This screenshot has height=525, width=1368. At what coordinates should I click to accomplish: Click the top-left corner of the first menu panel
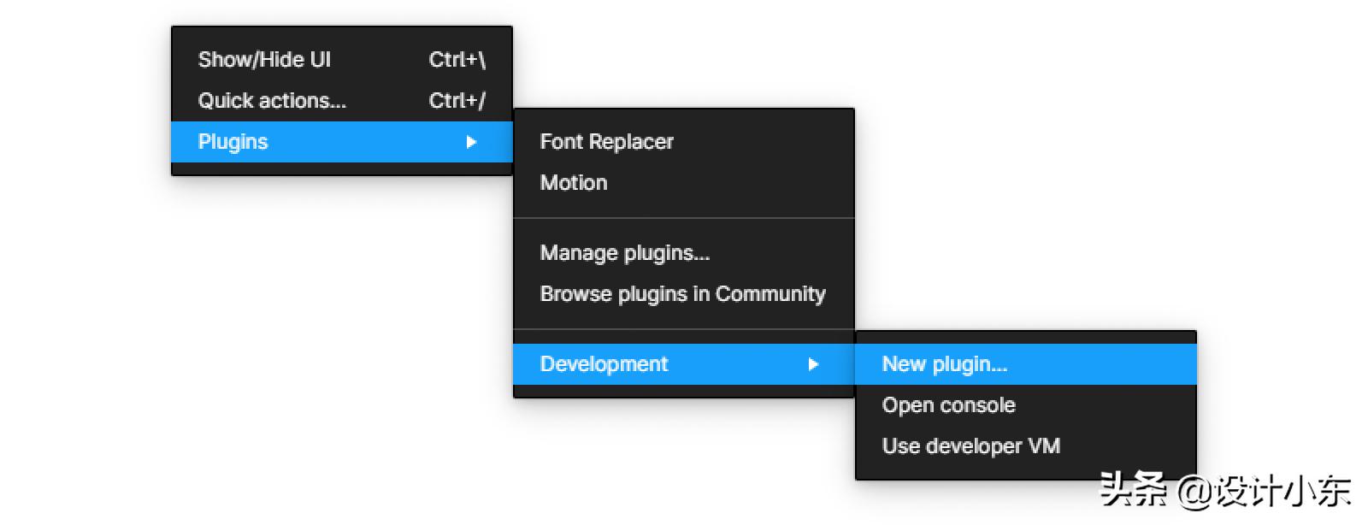click(x=172, y=27)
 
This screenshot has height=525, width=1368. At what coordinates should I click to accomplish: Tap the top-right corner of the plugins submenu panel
click(x=854, y=109)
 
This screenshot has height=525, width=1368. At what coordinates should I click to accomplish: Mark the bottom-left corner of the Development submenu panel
click(x=856, y=480)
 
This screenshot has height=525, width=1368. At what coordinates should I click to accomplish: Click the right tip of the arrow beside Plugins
click(x=476, y=142)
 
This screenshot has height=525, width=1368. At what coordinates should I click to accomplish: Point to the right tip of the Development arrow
click(x=818, y=364)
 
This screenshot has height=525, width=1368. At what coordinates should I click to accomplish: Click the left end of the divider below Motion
click(x=514, y=218)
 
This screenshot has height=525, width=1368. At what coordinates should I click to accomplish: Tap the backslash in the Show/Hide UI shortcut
click(x=481, y=60)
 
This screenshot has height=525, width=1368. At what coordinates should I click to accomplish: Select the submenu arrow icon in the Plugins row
click(x=471, y=142)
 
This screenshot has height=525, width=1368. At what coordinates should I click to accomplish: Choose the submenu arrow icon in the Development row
click(x=813, y=364)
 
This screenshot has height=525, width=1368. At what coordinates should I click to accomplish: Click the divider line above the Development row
click(x=684, y=329)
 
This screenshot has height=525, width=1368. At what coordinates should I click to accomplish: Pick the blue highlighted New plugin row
click(x=1026, y=364)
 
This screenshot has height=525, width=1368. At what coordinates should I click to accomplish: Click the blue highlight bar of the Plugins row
click(x=342, y=142)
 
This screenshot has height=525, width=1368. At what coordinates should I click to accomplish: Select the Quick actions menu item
click(x=273, y=101)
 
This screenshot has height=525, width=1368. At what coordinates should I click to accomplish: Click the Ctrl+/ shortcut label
click(x=457, y=101)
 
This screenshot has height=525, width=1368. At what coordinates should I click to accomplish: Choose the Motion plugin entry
click(x=574, y=182)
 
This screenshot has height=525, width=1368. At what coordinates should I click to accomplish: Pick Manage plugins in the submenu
click(x=625, y=253)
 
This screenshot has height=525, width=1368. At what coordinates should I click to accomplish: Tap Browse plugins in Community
click(x=683, y=294)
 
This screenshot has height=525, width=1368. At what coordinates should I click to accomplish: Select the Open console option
click(x=949, y=405)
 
